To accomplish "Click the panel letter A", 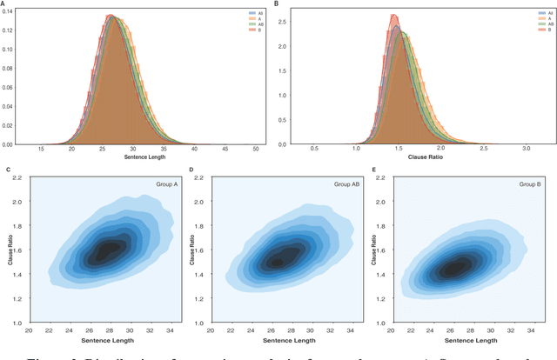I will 3,4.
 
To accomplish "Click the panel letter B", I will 277,4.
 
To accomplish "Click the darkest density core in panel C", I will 107,250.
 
